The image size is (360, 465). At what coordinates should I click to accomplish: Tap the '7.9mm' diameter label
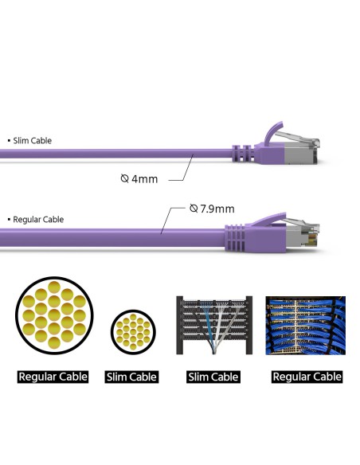point(217,209)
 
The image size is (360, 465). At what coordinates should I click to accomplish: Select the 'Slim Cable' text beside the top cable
point(32,141)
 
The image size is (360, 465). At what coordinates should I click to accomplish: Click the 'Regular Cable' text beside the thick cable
point(38,220)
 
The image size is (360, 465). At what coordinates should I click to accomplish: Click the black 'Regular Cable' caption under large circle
point(53,377)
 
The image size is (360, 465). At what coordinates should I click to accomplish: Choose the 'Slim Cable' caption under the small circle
point(131,377)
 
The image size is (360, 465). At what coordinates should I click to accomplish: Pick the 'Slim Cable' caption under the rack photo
point(213,377)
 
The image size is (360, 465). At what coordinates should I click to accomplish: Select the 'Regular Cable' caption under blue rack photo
point(307,377)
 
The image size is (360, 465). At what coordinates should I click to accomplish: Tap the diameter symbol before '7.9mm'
point(194,209)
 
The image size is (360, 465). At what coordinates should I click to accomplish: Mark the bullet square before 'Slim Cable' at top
point(9,141)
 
